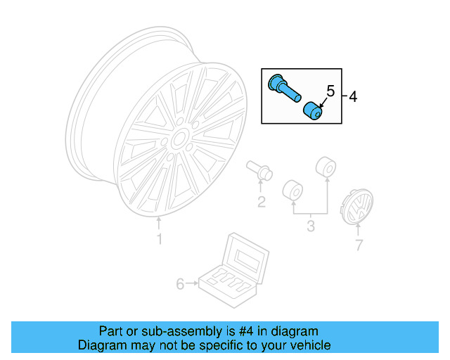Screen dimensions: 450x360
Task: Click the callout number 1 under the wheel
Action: point(159,240)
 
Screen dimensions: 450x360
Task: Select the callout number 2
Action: point(261,202)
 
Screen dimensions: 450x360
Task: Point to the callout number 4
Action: point(353,97)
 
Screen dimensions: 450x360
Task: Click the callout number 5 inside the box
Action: point(328,90)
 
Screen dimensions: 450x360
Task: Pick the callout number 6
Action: point(180,284)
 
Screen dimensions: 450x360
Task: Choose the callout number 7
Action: point(359,245)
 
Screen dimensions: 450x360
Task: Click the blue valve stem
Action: point(283,89)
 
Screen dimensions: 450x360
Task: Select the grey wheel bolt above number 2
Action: point(260,170)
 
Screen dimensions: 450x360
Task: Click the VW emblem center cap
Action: point(359,207)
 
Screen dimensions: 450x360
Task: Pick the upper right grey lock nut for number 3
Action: point(326,168)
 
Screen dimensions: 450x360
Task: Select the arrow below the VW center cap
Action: point(359,230)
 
